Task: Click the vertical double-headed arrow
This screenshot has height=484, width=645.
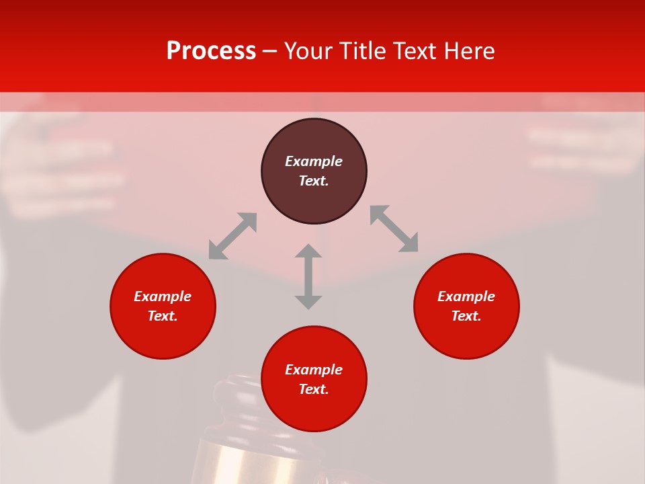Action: (x=308, y=276)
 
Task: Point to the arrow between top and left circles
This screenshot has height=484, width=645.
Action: (x=232, y=236)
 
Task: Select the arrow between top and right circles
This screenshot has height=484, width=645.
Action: (x=394, y=229)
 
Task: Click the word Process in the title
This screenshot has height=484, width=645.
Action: (x=211, y=51)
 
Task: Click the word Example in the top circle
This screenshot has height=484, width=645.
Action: (x=314, y=161)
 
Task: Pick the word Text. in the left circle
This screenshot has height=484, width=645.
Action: (x=163, y=316)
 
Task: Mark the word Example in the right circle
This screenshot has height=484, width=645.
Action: (x=466, y=296)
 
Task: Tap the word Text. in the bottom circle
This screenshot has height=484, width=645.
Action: (x=314, y=389)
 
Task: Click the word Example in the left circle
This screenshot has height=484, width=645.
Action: (x=163, y=296)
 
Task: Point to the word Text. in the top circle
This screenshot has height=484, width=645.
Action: (x=314, y=181)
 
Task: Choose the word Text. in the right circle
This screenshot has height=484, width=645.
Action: (x=466, y=316)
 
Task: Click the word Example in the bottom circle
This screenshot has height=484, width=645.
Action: (x=314, y=370)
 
